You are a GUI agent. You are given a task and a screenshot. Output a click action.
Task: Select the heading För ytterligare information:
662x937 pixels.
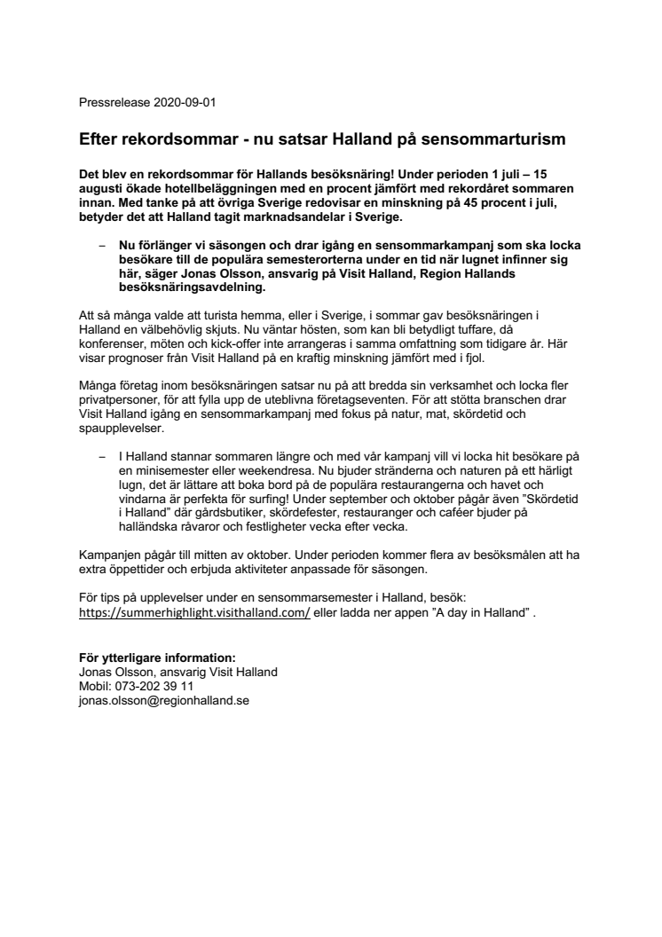click(157, 657)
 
